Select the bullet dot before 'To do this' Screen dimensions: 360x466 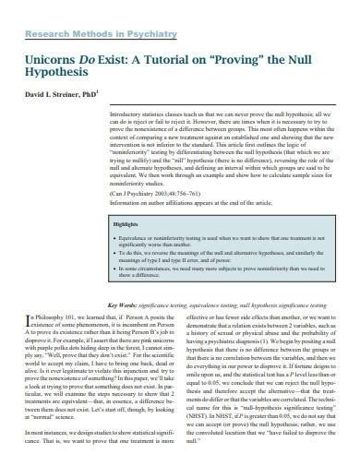coord(117,253)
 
